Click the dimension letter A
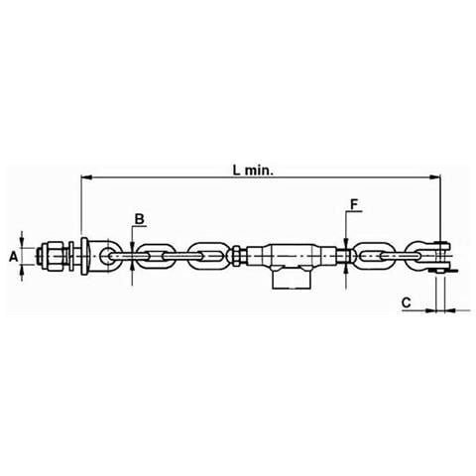pyautogui.click(x=13, y=256)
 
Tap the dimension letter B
pyautogui.click(x=140, y=219)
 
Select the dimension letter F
pyautogui.click(x=354, y=205)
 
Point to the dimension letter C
pyautogui.click(x=406, y=302)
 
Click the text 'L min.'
pyautogui.click(x=254, y=171)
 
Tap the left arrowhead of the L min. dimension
pyautogui.click(x=86, y=178)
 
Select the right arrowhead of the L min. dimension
pyautogui.click(x=435, y=178)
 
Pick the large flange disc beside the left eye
pyautogui.click(x=84, y=256)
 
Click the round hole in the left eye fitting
pyautogui.click(x=107, y=256)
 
